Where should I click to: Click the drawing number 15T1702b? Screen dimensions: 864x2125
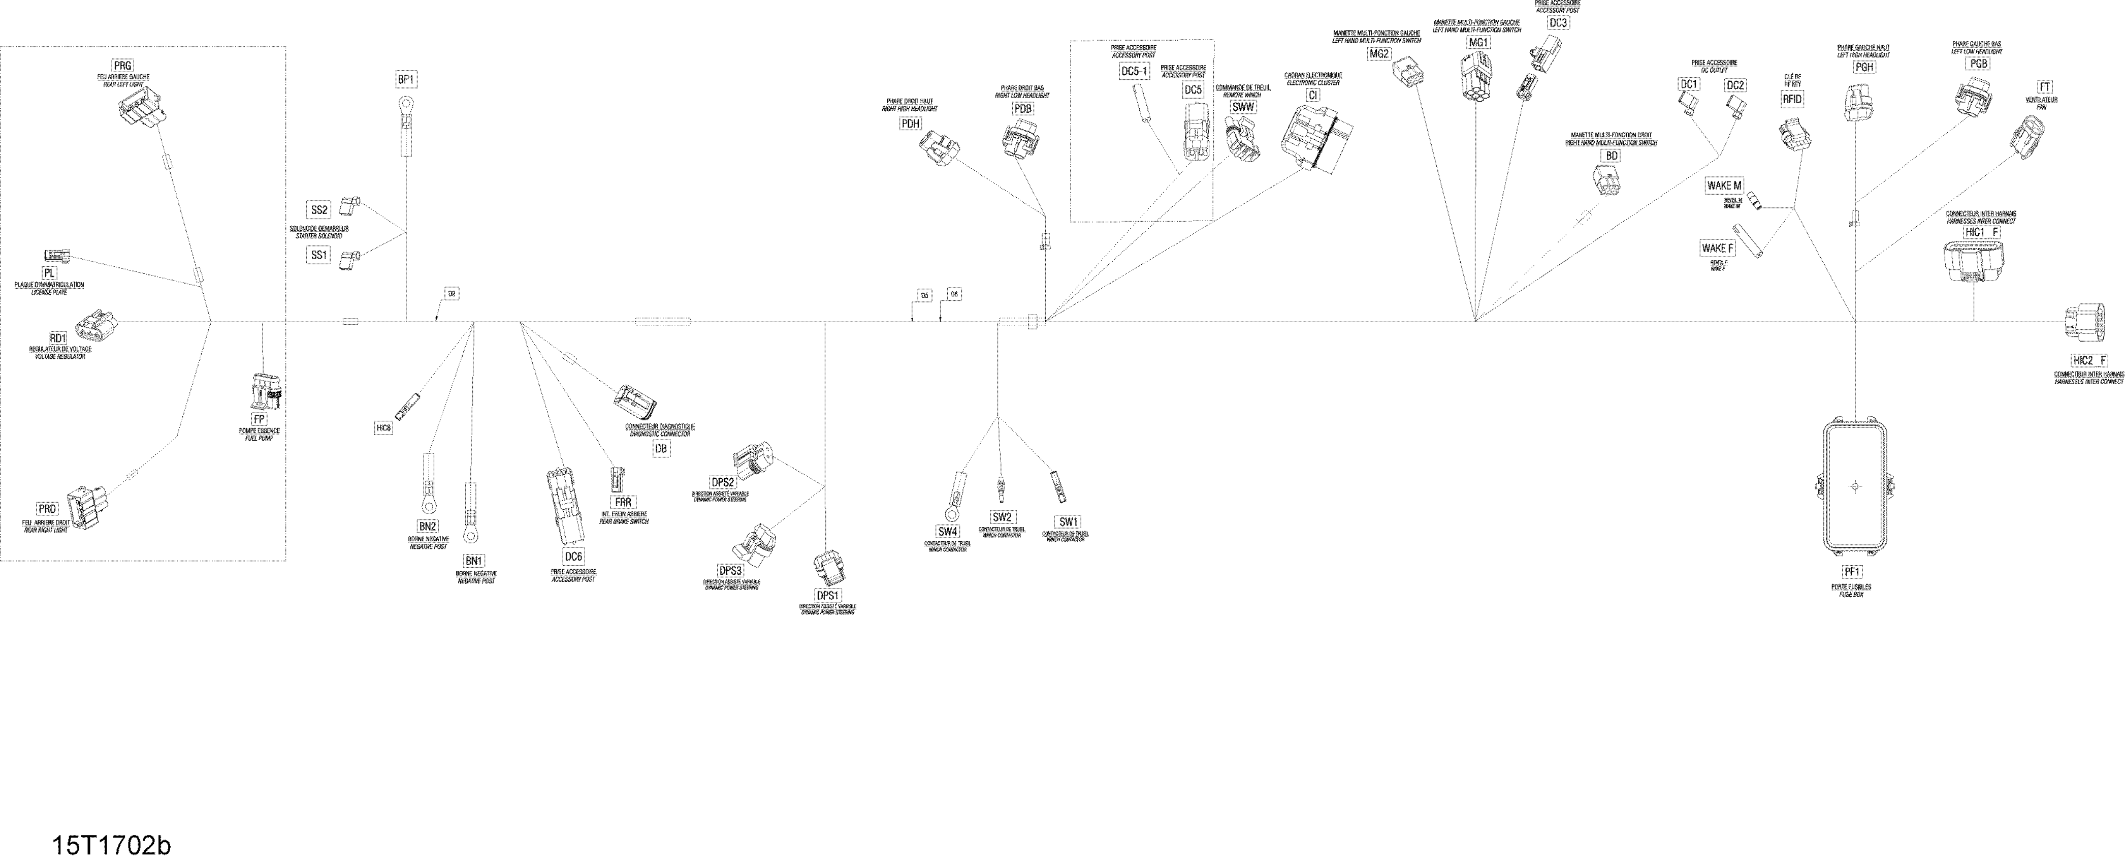point(111,846)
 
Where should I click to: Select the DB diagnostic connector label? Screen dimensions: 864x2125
point(660,449)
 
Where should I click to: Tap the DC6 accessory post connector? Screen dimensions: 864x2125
point(559,508)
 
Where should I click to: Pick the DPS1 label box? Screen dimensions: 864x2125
point(827,596)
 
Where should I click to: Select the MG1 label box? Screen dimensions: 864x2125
point(1478,43)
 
